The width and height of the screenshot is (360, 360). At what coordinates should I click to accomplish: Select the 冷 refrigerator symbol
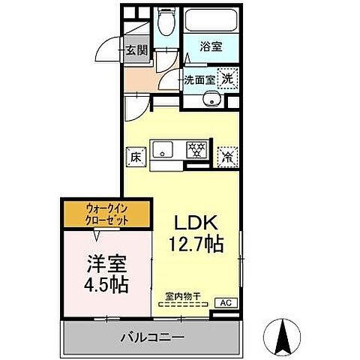point(226,156)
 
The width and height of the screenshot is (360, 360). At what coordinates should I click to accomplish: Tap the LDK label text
point(196,223)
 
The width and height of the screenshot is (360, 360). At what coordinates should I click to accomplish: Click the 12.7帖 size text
point(196,244)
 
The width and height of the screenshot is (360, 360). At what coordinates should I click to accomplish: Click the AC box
point(224,302)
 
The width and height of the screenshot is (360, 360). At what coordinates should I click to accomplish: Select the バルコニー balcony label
point(152,338)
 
